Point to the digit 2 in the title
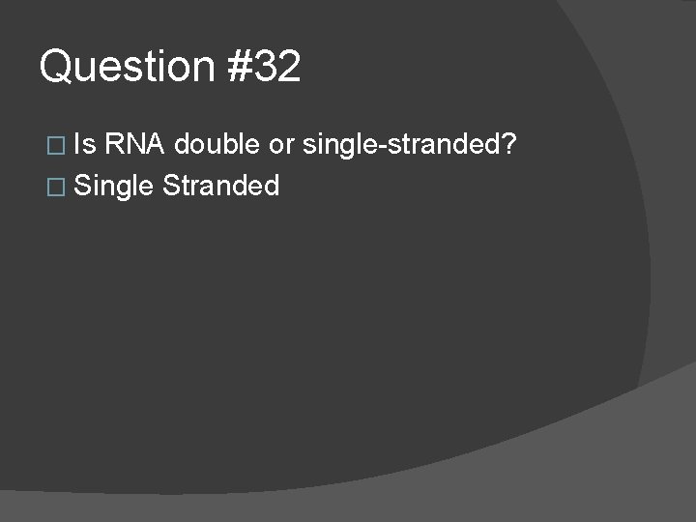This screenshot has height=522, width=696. coord(289,68)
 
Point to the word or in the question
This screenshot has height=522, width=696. coord(280,145)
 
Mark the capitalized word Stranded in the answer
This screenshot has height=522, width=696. coord(221,185)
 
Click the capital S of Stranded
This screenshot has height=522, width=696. coord(171,185)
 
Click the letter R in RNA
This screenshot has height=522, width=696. coord(115,145)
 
